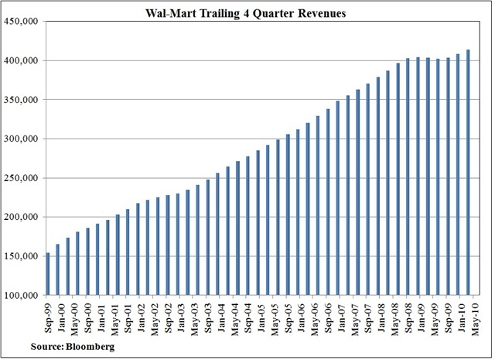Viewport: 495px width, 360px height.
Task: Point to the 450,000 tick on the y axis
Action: pyautogui.click(x=23, y=21)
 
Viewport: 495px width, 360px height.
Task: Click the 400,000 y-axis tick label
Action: pyautogui.click(x=23, y=60)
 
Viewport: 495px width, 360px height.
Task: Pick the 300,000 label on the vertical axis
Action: pyautogui.click(x=23, y=139)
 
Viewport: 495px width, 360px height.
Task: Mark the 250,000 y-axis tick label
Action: pyautogui.click(x=23, y=178)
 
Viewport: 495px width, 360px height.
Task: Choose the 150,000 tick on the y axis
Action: pyautogui.click(x=23, y=256)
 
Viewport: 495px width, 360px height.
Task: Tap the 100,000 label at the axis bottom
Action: pyautogui.click(x=23, y=296)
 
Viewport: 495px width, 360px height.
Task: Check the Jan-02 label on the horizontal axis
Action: pyautogui.click(x=141, y=317)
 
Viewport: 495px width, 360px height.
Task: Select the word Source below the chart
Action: pyautogui.click(x=48, y=347)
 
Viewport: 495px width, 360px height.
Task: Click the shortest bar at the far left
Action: pyautogui.click(x=49, y=274)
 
